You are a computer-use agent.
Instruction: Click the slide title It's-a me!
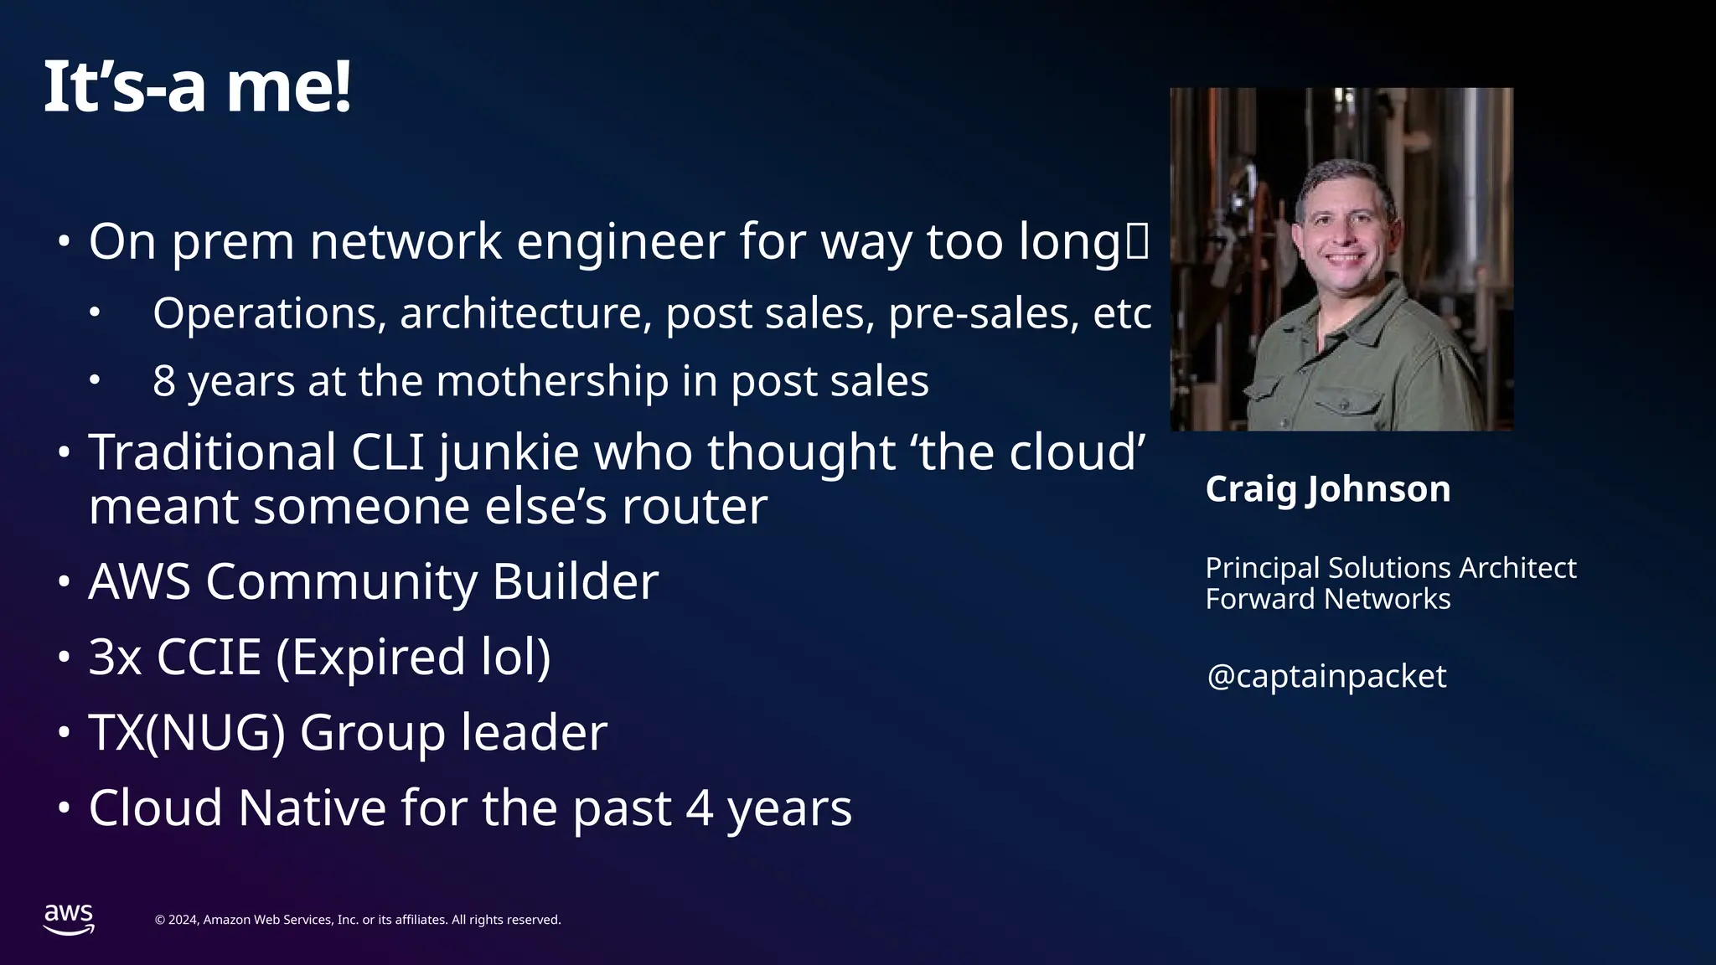[x=197, y=87]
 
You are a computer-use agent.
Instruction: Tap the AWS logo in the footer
[x=69, y=919]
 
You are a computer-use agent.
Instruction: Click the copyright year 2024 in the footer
[x=183, y=920]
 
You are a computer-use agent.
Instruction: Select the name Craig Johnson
[x=1327, y=488]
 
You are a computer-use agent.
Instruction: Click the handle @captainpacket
[x=1326, y=676]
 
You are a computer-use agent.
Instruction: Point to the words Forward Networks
[x=1327, y=600]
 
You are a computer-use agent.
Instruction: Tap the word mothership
[x=552, y=381]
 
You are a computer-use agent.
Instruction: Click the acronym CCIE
[x=209, y=657]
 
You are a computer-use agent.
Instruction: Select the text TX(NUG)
[x=187, y=733]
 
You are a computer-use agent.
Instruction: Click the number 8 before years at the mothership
[x=164, y=381]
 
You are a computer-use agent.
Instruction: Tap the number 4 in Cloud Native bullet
[x=700, y=808]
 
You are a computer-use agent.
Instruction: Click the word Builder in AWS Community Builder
[x=575, y=581]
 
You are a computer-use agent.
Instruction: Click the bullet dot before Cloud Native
[x=65, y=809]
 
